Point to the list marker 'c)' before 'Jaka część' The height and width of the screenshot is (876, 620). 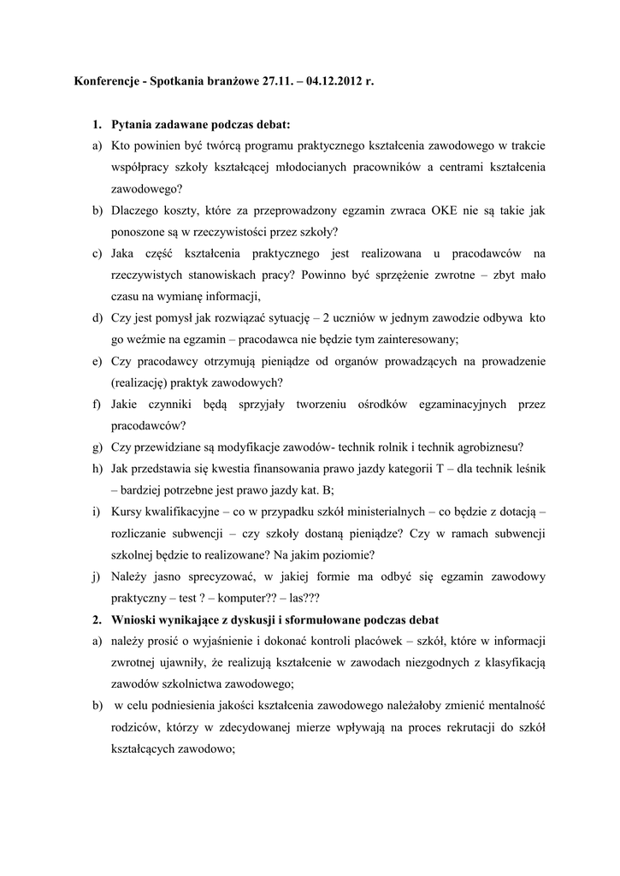97,253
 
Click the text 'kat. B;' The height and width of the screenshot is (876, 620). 316,490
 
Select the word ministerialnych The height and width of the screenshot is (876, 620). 374,512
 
